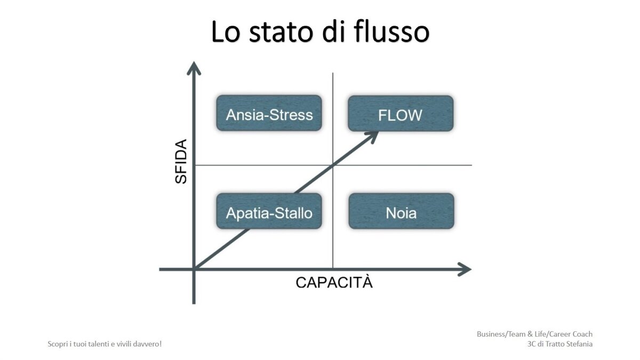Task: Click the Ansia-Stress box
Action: pyautogui.click(x=269, y=113)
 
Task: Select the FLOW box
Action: pyautogui.click(x=401, y=114)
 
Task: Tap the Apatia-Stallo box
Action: pyautogui.click(x=269, y=211)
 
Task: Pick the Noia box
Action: pyautogui.click(x=401, y=211)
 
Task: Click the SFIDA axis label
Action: pyautogui.click(x=181, y=162)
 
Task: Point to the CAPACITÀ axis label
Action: pyautogui.click(x=334, y=283)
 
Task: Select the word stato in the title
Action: pyautogui.click(x=282, y=33)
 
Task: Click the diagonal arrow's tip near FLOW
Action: pyautogui.click(x=378, y=132)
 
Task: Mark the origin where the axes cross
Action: pyautogui.click(x=194, y=269)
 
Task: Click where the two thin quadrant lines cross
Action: pyautogui.click(x=333, y=165)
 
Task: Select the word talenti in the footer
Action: pyautogui.click(x=98, y=344)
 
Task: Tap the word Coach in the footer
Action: pyautogui.click(x=582, y=334)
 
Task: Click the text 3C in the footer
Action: pyautogui.click(x=532, y=344)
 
